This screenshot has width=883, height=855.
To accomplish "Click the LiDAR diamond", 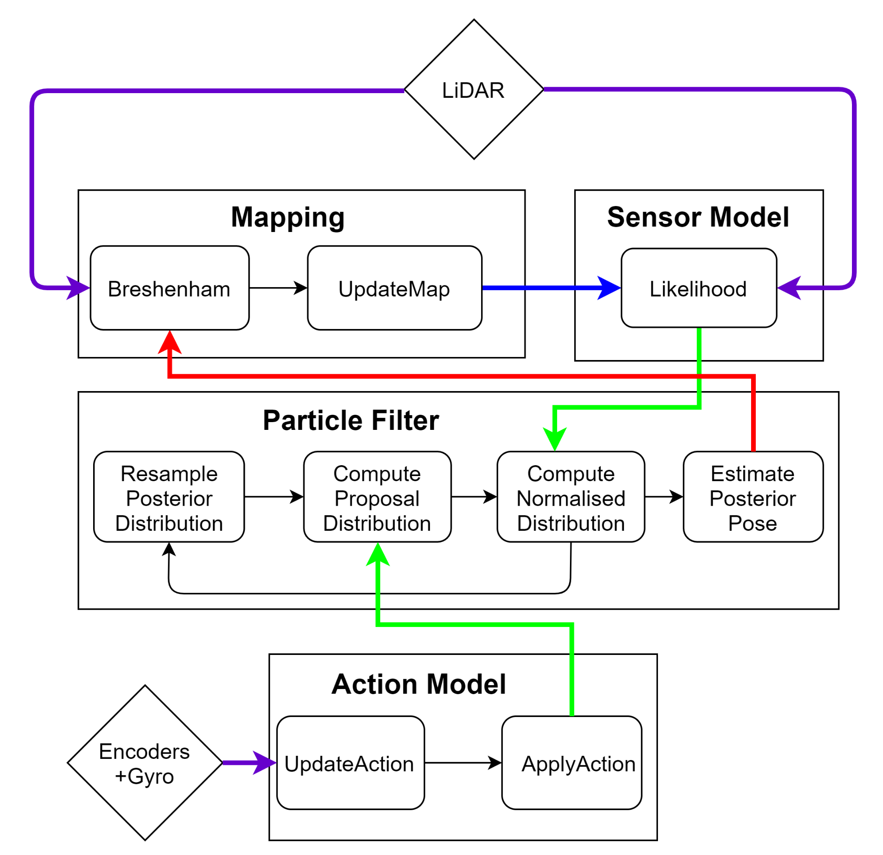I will click(473, 90).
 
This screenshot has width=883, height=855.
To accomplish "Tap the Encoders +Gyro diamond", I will click(144, 763).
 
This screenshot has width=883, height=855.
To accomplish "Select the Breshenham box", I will click(169, 288).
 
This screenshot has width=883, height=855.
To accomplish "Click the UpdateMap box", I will click(394, 288).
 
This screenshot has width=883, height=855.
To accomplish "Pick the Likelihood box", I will click(698, 288).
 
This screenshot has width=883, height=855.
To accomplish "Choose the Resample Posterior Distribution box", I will click(169, 497).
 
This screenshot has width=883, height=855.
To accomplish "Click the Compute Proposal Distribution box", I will click(377, 497).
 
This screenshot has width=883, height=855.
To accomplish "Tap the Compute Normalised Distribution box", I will click(571, 497).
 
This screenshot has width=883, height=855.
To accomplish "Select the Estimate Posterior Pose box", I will click(753, 497).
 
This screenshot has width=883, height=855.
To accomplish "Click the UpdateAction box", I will click(350, 763).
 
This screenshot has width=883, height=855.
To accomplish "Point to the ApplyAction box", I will click(571, 763).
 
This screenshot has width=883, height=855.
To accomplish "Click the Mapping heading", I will click(288, 218).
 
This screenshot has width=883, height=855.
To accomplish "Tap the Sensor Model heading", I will click(698, 218).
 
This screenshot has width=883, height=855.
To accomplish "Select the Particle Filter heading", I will click(351, 421).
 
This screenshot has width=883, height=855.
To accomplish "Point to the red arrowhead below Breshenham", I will click(169, 344).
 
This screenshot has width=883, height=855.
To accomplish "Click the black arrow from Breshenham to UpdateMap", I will click(278, 288).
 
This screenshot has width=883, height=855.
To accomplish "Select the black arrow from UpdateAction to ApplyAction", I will click(463, 763).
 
